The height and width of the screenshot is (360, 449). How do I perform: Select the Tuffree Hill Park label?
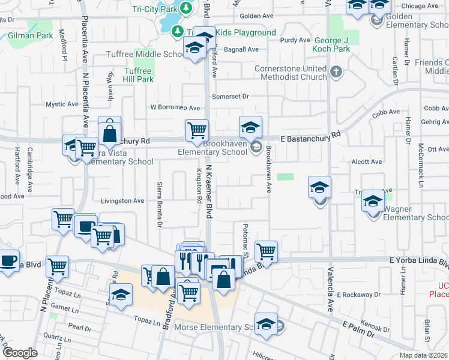click(138, 75)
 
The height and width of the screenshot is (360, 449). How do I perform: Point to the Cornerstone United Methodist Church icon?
click(336, 73)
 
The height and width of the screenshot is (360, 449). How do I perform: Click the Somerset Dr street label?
click(230, 96)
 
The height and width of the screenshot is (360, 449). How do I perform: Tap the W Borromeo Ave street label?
click(175, 107)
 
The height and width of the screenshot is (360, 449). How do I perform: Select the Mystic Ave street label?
click(62, 104)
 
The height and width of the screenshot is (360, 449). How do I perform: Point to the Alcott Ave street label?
click(367, 161)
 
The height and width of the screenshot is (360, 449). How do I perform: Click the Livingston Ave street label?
click(122, 200)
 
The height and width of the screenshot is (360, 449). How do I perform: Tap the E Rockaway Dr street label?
click(358, 295)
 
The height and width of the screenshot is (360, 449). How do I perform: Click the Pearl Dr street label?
click(79, 328)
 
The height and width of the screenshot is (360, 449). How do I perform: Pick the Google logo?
click(20, 353)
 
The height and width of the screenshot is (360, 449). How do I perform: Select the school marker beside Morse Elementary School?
click(266, 324)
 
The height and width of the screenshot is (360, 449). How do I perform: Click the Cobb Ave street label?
click(385, 112)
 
